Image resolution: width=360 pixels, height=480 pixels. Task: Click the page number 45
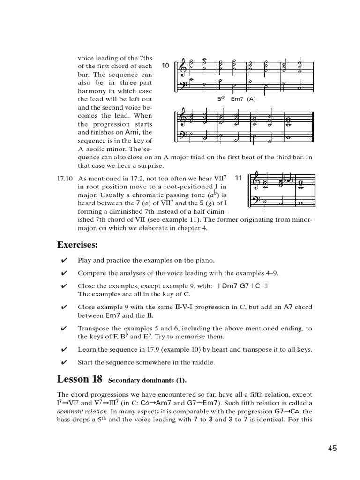[x=332, y=449]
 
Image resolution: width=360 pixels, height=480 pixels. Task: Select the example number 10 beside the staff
[x=165, y=66]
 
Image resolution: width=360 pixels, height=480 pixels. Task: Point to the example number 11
[x=238, y=178]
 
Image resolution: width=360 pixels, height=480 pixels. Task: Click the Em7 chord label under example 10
[x=239, y=99]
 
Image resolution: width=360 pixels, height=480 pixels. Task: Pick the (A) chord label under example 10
[x=252, y=99]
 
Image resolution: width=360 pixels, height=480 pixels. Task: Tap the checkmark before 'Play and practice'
[x=64, y=261]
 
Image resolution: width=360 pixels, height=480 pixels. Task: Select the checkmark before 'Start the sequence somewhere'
[x=64, y=362]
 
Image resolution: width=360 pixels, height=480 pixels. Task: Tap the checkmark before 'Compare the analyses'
[x=64, y=273]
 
